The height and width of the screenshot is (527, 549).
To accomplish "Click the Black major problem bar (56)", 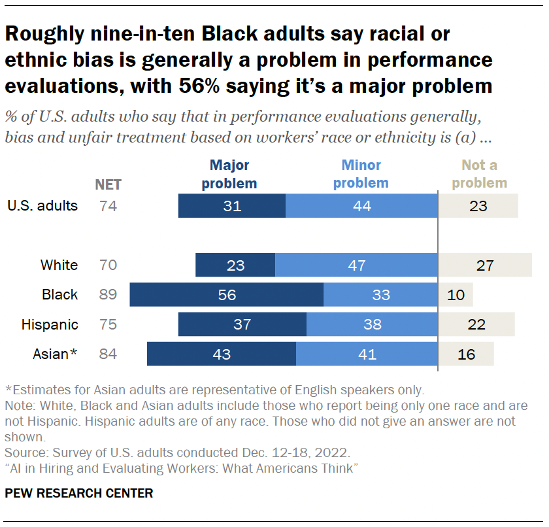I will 226,295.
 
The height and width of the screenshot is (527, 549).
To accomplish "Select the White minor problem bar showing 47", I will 356,265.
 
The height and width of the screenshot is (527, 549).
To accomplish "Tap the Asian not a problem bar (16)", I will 465,354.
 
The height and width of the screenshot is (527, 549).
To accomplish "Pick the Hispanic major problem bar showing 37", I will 242,324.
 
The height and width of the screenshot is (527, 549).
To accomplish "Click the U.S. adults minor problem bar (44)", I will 361,206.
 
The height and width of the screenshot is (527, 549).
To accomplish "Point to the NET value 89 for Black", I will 108,295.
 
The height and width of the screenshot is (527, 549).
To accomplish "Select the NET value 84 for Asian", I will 108,354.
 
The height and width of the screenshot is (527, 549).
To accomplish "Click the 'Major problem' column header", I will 229,174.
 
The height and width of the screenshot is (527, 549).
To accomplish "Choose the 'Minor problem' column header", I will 361,174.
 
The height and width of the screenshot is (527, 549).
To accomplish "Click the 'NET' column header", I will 108,184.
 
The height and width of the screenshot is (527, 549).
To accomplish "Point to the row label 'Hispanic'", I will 50,324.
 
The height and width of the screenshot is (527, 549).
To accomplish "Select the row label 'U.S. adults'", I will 42,206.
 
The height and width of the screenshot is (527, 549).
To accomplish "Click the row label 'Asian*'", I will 55,354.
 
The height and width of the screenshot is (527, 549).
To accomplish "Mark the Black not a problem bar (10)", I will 456,295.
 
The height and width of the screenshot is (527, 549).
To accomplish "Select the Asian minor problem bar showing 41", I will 367,354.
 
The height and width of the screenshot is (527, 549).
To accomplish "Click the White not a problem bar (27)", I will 484,265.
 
